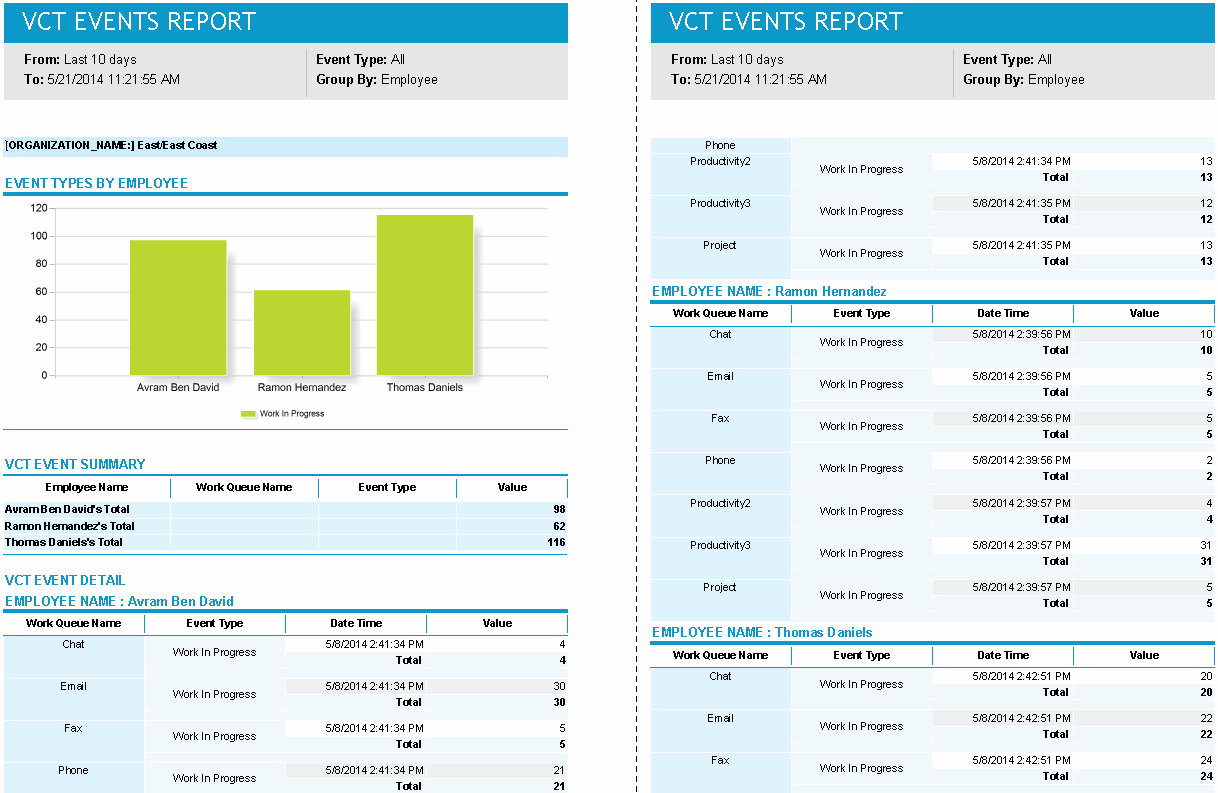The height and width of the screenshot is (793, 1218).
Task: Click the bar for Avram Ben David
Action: click(x=178, y=307)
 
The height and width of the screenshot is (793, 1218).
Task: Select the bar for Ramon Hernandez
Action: click(x=302, y=332)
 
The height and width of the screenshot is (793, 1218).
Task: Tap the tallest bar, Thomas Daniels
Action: click(x=425, y=295)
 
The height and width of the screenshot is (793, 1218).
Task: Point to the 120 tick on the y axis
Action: click(x=38, y=208)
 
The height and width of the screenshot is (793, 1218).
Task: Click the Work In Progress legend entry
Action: click(x=283, y=413)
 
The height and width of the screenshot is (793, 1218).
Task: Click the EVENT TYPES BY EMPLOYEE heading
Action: click(x=97, y=183)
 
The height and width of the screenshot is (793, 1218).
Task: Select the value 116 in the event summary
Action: click(x=555, y=542)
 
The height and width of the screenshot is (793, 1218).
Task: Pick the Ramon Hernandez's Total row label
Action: click(x=70, y=526)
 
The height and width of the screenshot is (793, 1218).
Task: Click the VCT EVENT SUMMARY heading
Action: click(x=75, y=464)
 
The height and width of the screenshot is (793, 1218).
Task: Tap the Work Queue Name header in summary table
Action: click(x=244, y=487)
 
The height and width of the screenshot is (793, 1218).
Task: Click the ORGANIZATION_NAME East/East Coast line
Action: click(x=111, y=145)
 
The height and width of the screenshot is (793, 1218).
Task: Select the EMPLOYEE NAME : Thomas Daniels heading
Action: click(x=762, y=632)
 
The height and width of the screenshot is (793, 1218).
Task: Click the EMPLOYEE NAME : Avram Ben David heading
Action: click(x=119, y=601)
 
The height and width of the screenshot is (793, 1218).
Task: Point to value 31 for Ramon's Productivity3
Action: click(x=1206, y=545)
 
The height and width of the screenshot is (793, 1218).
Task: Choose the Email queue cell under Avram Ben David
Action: click(x=73, y=686)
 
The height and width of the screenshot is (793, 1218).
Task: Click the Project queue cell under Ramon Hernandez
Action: click(x=720, y=587)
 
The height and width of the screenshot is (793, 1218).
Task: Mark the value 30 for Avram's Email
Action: click(x=559, y=686)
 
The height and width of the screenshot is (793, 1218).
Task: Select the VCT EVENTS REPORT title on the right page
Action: click(x=785, y=21)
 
